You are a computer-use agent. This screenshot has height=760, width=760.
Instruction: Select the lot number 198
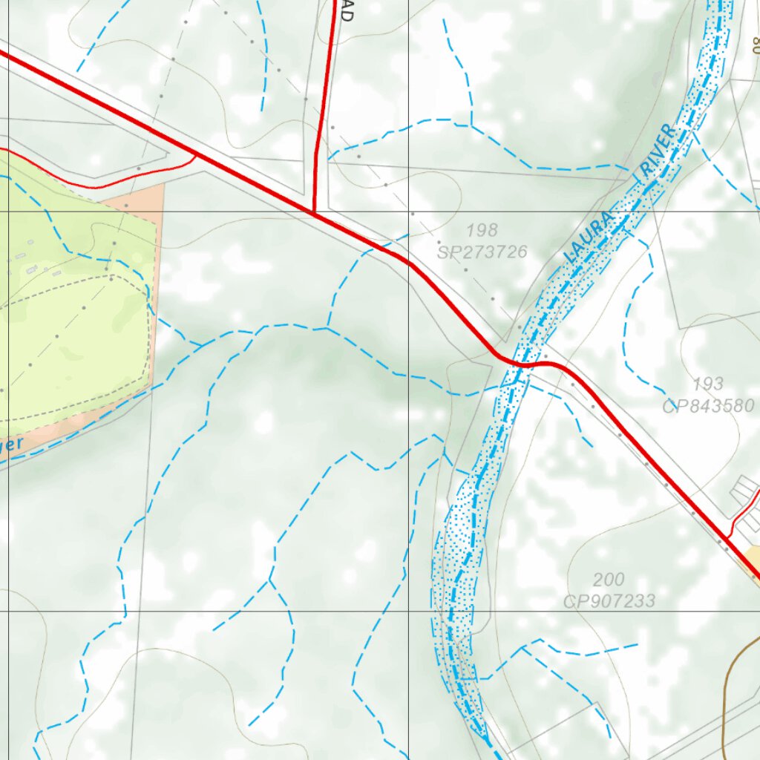[x=482, y=230]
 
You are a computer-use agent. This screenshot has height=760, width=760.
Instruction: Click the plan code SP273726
[x=482, y=252]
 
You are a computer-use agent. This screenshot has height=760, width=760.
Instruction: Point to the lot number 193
[x=708, y=384]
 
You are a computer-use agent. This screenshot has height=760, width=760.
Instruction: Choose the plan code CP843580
[x=708, y=406]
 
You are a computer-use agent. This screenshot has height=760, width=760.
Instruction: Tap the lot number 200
[x=609, y=579]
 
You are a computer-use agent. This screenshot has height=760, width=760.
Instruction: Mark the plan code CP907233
[x=609, y=600]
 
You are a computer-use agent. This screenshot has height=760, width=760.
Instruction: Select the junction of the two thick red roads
[x=314, y=213]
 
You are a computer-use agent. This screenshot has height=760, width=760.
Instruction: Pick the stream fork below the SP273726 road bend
[x=327, y=327]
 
